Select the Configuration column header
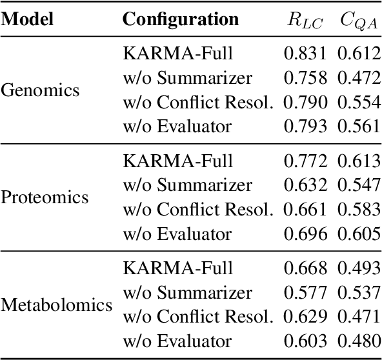coord(181,19)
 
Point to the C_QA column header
coord(359,20)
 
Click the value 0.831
coord(305,54)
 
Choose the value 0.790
coord(305,102)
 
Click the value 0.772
coord(305,161)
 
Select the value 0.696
coord(305,233)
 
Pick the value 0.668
coord(305,268)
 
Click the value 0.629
coord(305,316)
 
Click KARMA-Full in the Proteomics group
coord(177,161)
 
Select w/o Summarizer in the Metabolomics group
coord(187,292)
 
